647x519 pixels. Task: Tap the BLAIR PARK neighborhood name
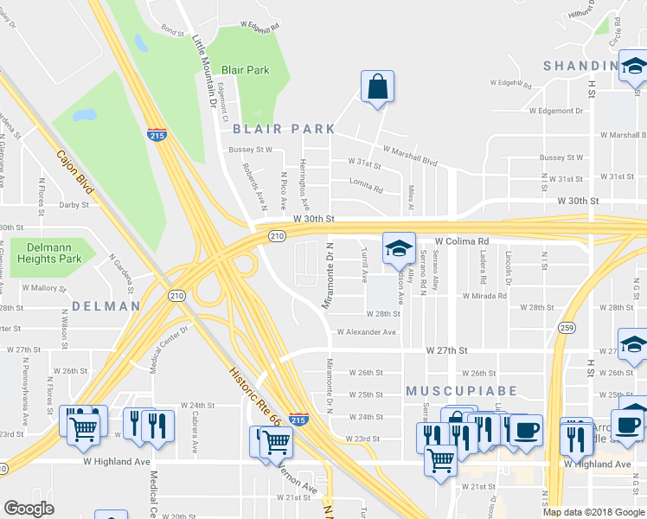point(283,129)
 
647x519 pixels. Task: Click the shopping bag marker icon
point(377,87)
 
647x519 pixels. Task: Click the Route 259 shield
point(567,328)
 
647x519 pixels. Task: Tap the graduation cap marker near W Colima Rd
point(399,249)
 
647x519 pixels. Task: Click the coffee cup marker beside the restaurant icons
point(525,430)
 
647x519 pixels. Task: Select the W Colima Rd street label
point(462,241)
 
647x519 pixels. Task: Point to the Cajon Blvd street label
point(74,172)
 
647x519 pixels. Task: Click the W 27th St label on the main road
point(446,350)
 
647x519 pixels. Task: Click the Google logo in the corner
point(29,509)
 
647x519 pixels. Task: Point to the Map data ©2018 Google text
point(593,511)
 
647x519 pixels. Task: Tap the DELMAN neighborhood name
point(106,306)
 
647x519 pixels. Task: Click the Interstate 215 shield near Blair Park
point(157,135)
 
